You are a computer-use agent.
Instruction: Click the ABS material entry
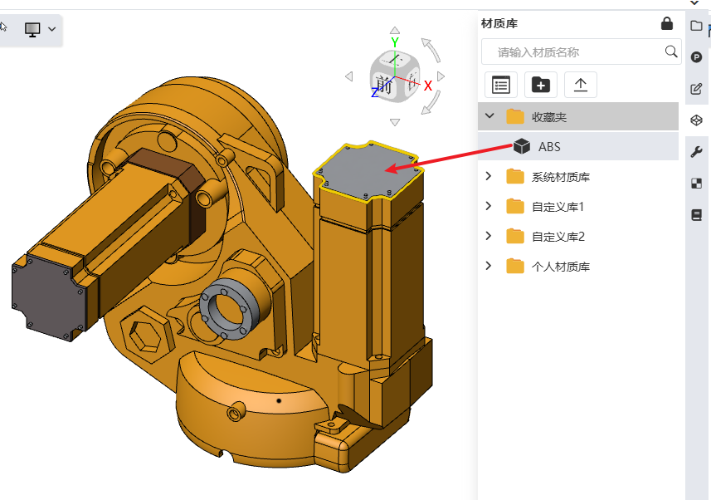(549, 147)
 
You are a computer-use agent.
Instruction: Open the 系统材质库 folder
(561, 177)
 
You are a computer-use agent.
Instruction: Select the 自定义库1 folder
(558, 207)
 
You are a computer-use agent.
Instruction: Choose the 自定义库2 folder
(558, 237)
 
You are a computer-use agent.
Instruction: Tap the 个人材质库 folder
(561, 267)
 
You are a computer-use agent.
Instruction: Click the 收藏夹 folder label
(549, 117)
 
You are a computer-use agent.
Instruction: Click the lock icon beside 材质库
(666, 23)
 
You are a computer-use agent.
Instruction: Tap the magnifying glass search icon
(671, 51)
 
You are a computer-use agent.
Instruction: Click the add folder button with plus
(540, 85)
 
